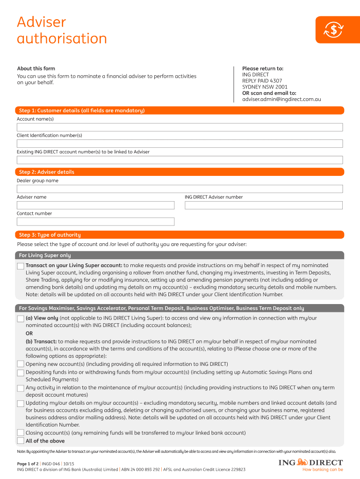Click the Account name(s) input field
[180, 127]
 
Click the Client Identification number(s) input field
[180, 144]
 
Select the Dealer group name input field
[180, 189]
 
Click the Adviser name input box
[96, 205]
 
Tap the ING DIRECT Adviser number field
[264, 205]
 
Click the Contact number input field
[96, 222]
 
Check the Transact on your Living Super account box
[21, 266]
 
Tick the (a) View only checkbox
[21, 319]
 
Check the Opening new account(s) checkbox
[21, 364]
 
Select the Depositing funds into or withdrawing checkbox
[21, 373]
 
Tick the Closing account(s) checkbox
[21, 433]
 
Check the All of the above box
[21, 441]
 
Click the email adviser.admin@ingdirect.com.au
[281, 99]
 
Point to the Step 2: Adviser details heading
[47, 172]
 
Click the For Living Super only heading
[45, 255]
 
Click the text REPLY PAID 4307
[262, 81]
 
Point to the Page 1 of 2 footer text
[30, 463]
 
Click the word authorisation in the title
[62, 38]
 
